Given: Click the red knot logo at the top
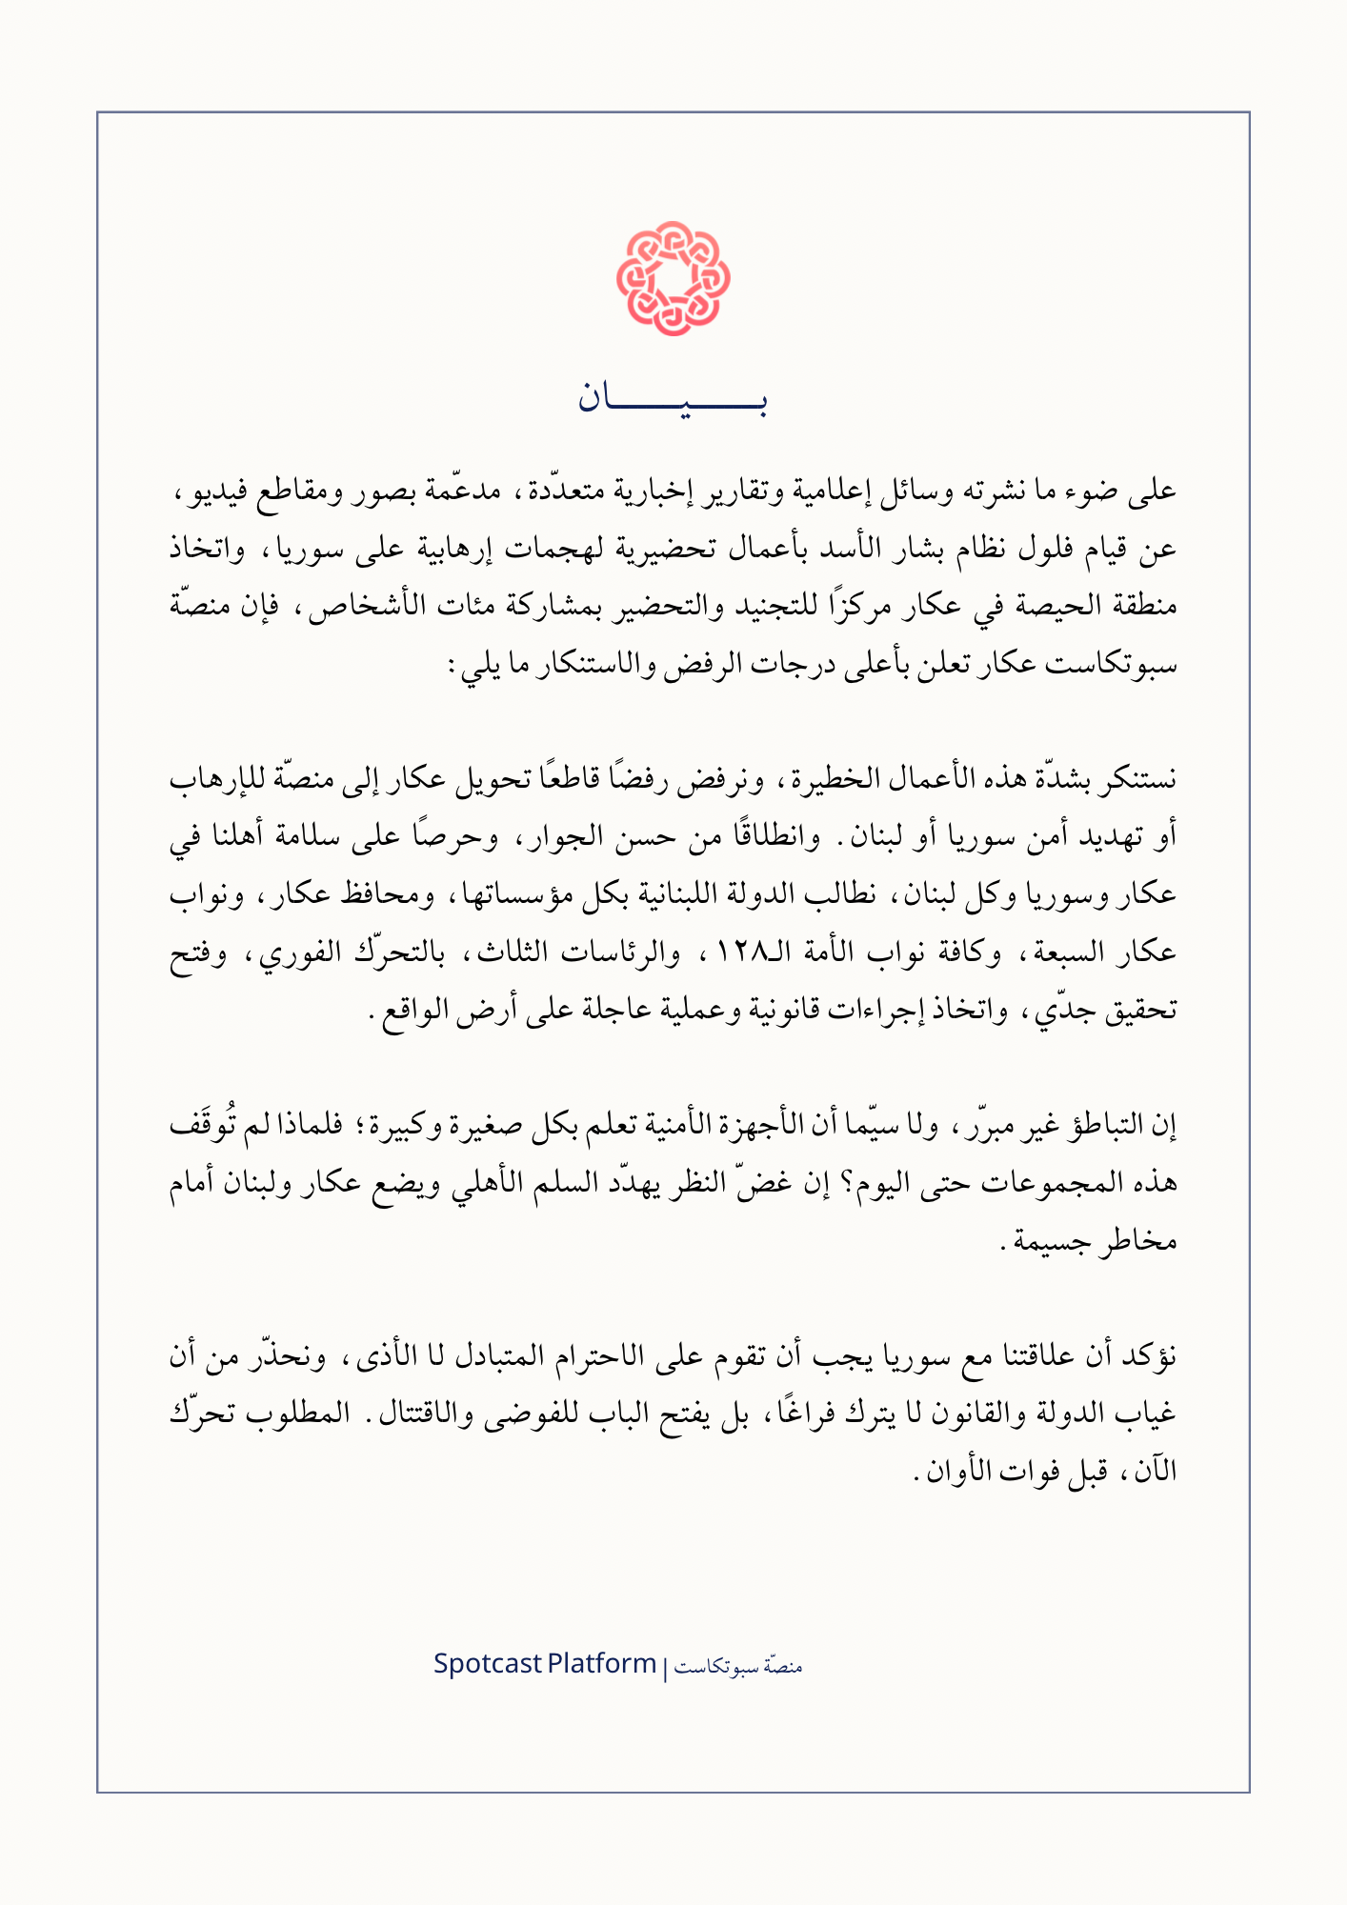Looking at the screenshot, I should [x=674, y=278].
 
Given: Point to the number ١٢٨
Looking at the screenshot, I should [x=730, y=952].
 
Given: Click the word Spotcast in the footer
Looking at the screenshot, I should [x=487, y=1665].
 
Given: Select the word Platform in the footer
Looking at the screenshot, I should [x=602, y=1665].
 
